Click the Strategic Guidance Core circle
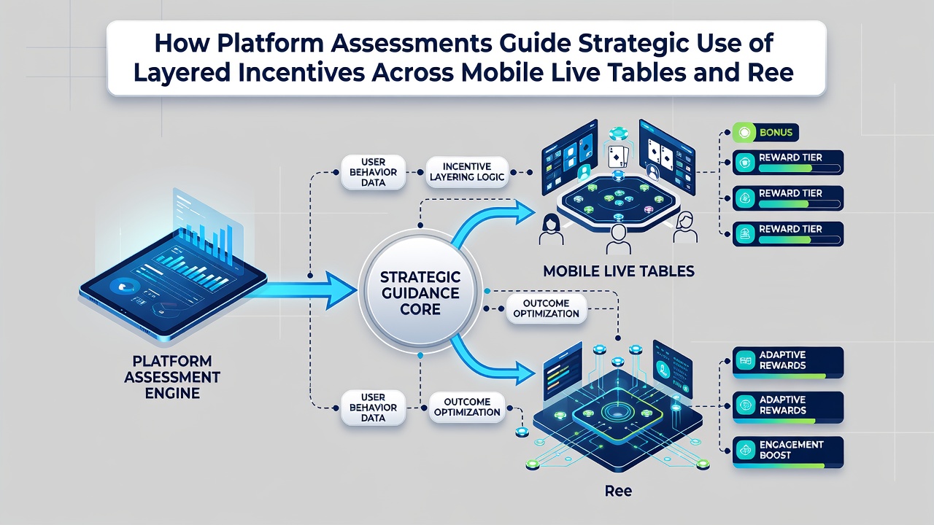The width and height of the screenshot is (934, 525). (420, 292)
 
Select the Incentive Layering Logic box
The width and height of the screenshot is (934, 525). (467, 171)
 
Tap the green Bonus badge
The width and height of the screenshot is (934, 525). (765, 133)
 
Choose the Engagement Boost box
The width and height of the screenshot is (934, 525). (787, 452)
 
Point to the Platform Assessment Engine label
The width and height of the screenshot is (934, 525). (172, 377)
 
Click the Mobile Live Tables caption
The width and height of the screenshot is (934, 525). (619, 271)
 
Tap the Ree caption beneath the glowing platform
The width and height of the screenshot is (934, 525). (618, 491)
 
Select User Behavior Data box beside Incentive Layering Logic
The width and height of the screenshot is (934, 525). (373, 172)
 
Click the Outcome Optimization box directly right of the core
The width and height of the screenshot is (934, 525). (547, 308)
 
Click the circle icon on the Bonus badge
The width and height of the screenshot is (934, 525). (744, 133)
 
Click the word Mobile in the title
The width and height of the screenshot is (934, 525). (503, 72)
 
